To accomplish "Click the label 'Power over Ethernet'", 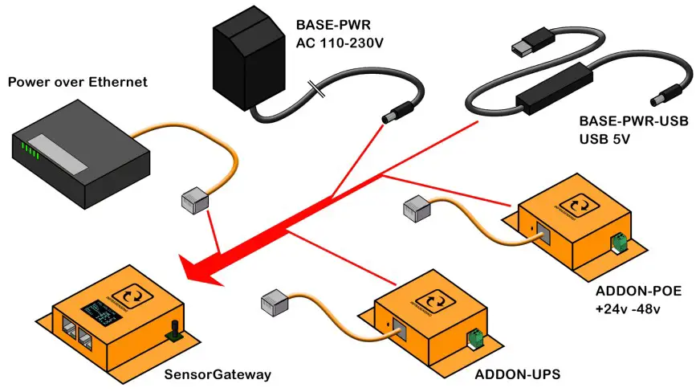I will pyautogui.click(x=77, y=82).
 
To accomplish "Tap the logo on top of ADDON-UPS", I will pyautogui.click(x=437, y=301).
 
